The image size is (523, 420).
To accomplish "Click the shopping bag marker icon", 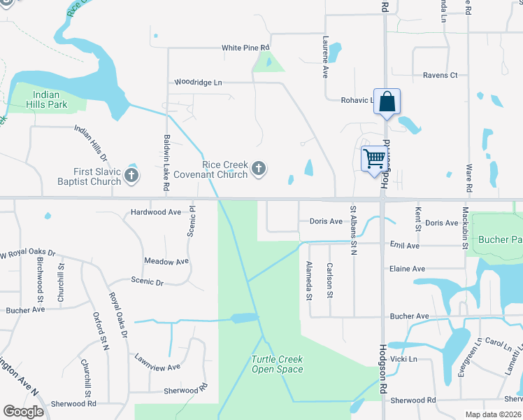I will click(x=387, y=102).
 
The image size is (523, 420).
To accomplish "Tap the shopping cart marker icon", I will click(x=374, y=158).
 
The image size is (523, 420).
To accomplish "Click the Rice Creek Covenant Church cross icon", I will click(x=259, y=168).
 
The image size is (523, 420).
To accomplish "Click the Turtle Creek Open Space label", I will click(x=277, y=364).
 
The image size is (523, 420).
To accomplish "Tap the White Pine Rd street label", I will click(x=245, y=48).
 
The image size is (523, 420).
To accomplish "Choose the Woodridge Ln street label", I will click(x=198, y=83).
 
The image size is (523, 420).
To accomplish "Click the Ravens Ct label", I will click(x=440, y=75).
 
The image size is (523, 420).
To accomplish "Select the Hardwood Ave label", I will click(x=156, y=211).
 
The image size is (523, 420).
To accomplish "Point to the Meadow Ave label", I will click(x=166, y=261).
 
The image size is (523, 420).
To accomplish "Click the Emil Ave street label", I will click(x=405, y=246).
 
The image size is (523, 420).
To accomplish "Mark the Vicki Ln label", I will click(x=403, y=359).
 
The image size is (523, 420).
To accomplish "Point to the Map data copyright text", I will click(x=493, y=414).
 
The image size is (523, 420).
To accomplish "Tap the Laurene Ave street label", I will click(x=325, y=57).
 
